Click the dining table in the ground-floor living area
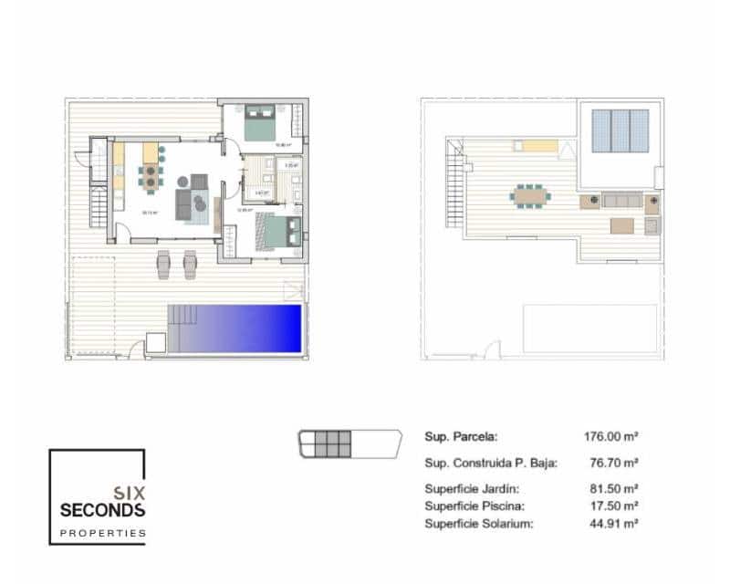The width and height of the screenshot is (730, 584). click(151, 173)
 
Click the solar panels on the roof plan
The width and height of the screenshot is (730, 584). click(620, 130)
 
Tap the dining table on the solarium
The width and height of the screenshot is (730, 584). click(531, 194)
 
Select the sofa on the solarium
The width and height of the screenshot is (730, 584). click(622, 200)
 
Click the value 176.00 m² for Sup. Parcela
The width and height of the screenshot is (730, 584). click(610, 437)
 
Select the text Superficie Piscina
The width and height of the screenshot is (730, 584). click(474, 506)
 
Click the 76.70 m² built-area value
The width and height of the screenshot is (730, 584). click(613, 464)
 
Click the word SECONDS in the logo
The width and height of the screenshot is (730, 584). click(102, 509)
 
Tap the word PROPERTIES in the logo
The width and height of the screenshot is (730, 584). click(102, 532)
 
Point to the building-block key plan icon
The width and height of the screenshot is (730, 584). click(349, 443)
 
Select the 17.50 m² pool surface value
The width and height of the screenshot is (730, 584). click(613, 506)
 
